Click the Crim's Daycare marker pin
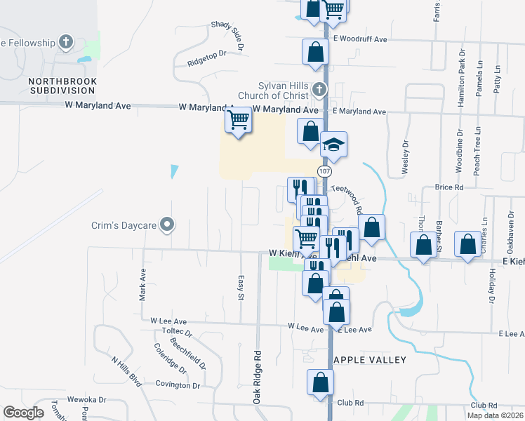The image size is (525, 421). click(x=167, y=225)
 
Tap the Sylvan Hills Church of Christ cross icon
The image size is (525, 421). click(x=319, y=89)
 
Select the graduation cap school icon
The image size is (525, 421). click(x=333, y=145)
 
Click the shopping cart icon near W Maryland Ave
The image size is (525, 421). click(x=238, y=120)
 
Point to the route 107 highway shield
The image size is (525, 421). click(x=324, y=172)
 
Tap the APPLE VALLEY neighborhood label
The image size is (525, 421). click(x=370, y=360)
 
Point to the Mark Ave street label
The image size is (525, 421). click(x=142, y=285)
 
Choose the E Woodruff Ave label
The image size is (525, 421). click(x=360, y=39)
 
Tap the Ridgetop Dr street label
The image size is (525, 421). click(x=207, y=58)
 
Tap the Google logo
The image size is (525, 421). click(x=23, y=413)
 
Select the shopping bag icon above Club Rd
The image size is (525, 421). click(x=320, y=383)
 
